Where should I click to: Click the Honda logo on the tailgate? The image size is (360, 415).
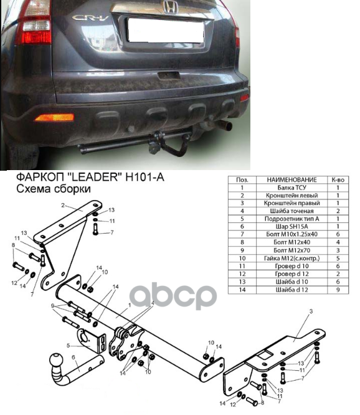pos(170,7)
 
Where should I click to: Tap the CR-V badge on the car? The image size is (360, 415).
pos(90,17)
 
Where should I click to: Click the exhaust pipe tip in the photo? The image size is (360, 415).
pos(225,125)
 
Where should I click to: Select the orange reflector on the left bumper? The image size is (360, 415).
pos(54,117)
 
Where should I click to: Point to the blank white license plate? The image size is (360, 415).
pos(166,30)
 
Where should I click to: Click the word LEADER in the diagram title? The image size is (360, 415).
pos(93,177)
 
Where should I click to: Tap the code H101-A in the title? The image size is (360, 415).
pos(145,177)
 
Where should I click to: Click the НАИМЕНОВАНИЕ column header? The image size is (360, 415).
pos(291,180)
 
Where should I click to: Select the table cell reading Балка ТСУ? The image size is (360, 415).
pos(291,188)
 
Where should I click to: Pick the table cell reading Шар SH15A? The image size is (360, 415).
pos(291,227)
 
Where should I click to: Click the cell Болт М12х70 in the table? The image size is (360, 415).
pos(291,250)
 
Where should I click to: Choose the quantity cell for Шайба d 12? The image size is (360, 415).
pos(338,290)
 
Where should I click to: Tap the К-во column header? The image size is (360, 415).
pos(338,180)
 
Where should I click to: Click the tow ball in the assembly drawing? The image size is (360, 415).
pos(56,361)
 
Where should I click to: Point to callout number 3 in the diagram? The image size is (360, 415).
pos(311,312)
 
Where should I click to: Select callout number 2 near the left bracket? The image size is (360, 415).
pos(63,206)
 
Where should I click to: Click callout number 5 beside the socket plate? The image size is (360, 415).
pos(69,346)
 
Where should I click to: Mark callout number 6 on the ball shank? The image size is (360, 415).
pos(73,358)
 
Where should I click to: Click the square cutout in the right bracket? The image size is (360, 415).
pos(265,354)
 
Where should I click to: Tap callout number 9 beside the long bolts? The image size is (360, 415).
pos(53,306)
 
